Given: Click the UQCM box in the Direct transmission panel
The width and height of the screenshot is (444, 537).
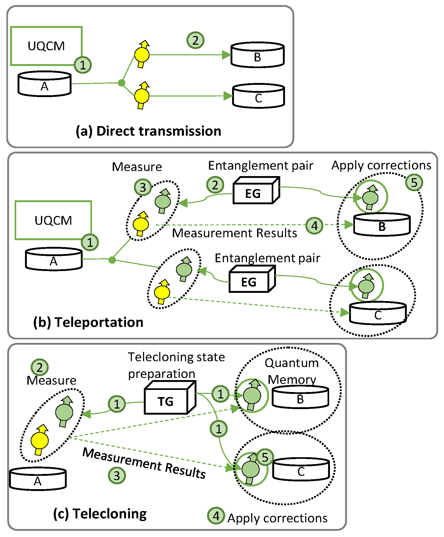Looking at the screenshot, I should [x=46, y=46].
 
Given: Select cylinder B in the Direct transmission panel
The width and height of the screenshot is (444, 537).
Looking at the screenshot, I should [x=257, y=55].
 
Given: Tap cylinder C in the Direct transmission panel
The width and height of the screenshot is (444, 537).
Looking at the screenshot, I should [x=258, y=96].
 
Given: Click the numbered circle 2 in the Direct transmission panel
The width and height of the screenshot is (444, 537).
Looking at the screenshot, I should [x=195, y=40].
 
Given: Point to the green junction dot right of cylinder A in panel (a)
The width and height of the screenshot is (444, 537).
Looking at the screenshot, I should [x=122, y=83].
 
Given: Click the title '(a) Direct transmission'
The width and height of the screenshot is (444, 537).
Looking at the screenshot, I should [x=148, y=131].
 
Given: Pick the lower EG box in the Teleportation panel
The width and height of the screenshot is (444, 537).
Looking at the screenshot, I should [x=249, y=282].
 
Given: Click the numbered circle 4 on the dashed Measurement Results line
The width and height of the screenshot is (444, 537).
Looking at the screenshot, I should [x=315, y=226].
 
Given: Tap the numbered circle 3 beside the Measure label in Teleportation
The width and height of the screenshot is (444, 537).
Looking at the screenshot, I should [x=143, y=187].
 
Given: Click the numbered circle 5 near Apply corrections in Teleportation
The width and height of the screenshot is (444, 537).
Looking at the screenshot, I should [x=414, y=182].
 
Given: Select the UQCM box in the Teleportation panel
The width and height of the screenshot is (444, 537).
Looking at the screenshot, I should [x=53, y=220].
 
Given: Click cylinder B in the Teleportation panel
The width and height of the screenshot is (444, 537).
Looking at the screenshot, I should [x=382, y=225].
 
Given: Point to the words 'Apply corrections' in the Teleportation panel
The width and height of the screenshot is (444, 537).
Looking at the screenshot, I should [x=381, y=165].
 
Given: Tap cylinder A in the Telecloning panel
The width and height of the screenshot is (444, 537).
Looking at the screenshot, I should [x=38, y=479].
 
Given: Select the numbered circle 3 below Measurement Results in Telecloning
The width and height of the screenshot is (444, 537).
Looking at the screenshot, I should [x=117, y=476].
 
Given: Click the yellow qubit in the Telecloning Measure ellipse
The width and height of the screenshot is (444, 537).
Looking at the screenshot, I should [x=40, y=440].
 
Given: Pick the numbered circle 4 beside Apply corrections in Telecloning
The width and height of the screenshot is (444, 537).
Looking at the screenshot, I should [x=216, y=516].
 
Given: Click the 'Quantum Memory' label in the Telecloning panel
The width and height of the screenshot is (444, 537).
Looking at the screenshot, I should [x=292, y=371].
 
